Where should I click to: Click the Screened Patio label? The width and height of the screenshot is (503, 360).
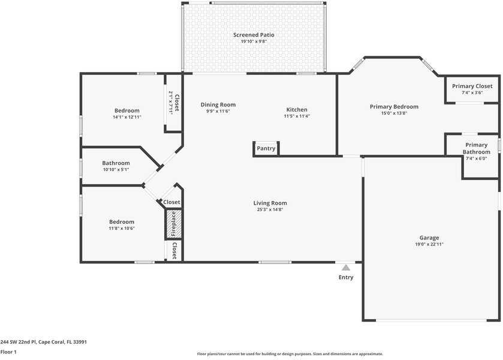click(254, 35)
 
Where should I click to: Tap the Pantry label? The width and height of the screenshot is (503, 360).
click(266, 148)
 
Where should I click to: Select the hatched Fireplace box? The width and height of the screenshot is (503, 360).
click(173, 224)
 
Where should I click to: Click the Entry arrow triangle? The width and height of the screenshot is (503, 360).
click(346, 268)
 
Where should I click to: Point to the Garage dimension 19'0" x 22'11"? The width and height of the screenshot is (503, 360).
click(429, 244)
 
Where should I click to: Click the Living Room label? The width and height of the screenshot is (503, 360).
click(270, 203)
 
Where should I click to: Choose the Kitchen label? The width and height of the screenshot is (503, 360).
click(296, 109)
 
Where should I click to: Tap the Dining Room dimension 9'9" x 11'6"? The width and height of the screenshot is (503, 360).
click(218, 111)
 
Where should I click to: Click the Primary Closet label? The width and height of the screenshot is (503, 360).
click(472, 86)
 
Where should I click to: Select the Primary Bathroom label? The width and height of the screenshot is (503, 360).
click(476, 148)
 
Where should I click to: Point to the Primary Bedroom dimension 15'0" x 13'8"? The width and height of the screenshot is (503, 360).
click(394, 113)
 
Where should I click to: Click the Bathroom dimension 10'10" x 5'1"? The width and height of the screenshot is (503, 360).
click(116, 170)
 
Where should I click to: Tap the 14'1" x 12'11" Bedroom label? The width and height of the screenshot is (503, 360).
click(126, 110)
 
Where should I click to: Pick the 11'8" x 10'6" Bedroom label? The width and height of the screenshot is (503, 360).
click(121, 222)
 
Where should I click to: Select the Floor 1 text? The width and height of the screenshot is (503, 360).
click(8, 352)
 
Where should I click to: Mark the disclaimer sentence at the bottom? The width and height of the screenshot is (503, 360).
click(290, 354)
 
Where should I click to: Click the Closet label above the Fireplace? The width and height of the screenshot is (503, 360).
click(172, 202)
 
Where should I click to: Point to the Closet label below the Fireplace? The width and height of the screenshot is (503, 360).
click(174, 251)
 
